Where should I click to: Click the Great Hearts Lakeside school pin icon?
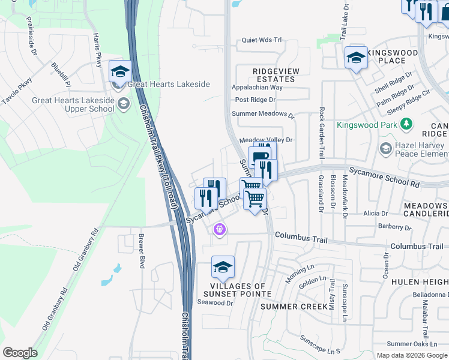(120, 72)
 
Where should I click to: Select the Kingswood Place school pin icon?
(356, 58)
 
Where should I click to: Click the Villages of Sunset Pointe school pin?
(223, 268)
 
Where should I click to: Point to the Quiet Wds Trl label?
(261, 40)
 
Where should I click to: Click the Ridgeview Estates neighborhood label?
(276, 75)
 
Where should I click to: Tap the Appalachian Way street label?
(257, 88)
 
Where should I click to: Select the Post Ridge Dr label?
(255, 100)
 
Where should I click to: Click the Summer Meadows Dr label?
(264, 114)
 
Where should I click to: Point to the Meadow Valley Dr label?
(265, 140)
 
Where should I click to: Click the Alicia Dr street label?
(375, 213)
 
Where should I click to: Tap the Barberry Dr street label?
(394, 228)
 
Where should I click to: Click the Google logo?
(20, 353)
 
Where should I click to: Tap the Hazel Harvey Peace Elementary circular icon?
(385, 148)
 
